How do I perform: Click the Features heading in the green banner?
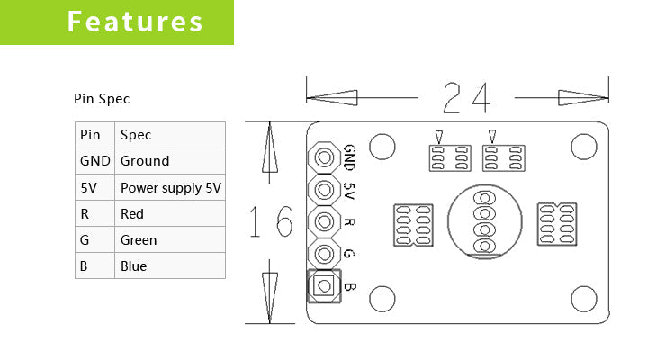coord(136,22)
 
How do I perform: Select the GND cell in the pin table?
coord(94,161)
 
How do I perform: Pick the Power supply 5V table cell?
coord(170,187)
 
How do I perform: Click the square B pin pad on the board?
coord(323,286)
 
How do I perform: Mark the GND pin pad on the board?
coord(323,158)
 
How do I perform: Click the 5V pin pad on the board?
coord(323,190)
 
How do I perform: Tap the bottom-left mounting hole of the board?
coord(382,298)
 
